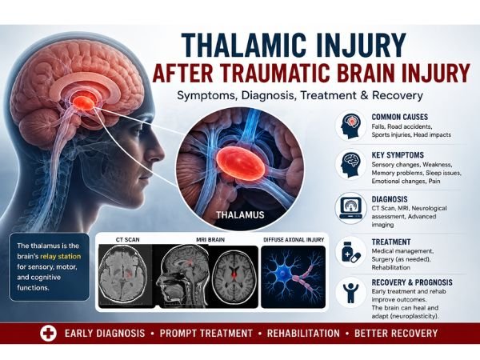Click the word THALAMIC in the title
point(244,46)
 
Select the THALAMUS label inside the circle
point(240,215)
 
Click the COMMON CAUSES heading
point(400,117)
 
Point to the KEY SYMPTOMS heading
point(398,155)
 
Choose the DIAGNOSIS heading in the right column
point(390,199)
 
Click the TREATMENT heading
point(391,242)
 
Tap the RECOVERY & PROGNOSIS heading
point(412,282)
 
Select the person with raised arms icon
point(351,293)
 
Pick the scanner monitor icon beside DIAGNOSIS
point(351,208)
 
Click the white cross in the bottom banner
point(48,334)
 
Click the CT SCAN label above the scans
point(128,240)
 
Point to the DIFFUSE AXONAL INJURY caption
point(294,240)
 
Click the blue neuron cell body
point(283,273)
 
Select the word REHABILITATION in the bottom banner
point(303,334)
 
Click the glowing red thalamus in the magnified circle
point(240,163)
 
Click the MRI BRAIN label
point(210,240)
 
